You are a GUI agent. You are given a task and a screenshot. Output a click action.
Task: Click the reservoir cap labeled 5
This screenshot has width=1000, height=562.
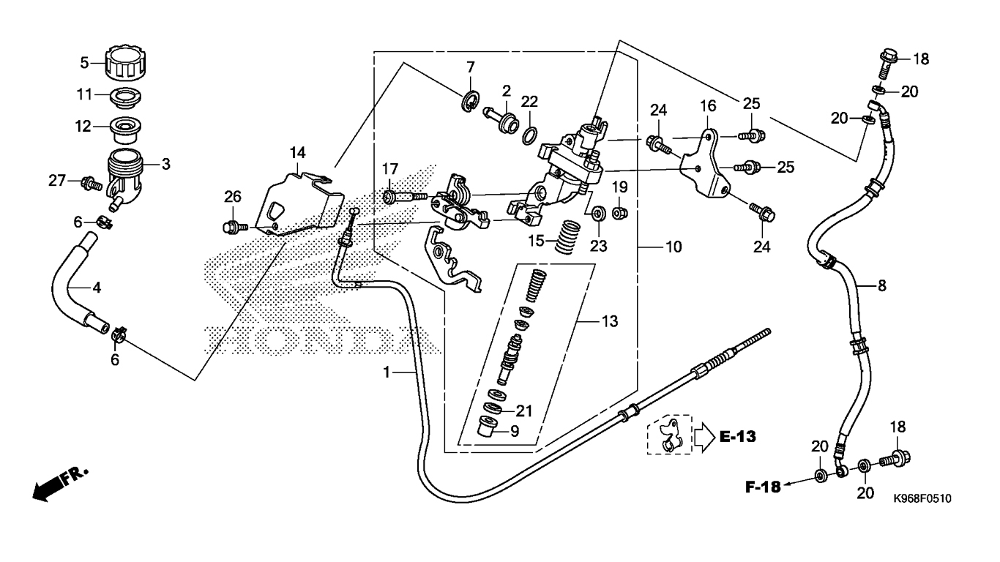(127, 64)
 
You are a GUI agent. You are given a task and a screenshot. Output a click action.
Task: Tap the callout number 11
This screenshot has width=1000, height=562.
(85, 94)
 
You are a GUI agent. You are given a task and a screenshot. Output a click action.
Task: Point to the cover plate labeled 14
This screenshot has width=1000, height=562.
(299, 203)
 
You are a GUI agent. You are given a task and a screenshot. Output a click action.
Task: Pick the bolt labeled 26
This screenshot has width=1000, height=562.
(235, 227)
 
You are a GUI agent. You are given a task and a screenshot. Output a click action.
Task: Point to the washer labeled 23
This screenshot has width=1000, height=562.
(598, 214)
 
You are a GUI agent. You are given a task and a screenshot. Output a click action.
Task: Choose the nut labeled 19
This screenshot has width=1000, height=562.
(619, 213)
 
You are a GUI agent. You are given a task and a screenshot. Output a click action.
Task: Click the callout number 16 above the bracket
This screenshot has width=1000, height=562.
(708, 106)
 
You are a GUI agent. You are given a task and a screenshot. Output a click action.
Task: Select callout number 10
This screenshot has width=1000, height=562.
(673, 247)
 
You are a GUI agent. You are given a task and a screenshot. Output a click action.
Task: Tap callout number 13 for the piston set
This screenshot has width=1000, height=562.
(610, 321)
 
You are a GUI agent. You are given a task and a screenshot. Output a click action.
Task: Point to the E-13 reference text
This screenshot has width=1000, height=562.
(738, 437)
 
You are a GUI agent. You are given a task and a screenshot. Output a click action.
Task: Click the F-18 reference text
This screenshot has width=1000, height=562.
(763, 487)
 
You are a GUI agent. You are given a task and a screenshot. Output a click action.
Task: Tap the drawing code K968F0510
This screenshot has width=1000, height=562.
(922, 498)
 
